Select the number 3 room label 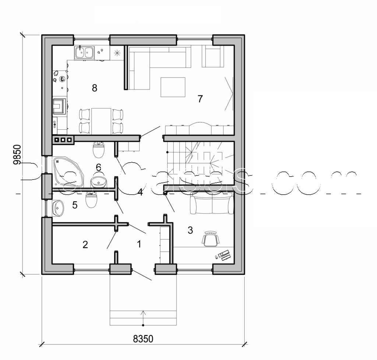pyautogui.click(x=190, y=230)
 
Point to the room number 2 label pyautogui.click(x=85, y=244)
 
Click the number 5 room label pyautogui.click(x=75, y=205)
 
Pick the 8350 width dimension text pyautogui.click(x=143, y=338)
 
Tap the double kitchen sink pyautogui.click(x=84, y=53)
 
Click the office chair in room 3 pyautogui.click(x=210, y=239)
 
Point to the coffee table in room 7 pyautogui.click(x=173, y=87)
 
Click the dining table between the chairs pyautogui.click(x=101, y=120)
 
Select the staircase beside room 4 pyautogui.click(x=199, y=162)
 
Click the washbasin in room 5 pyautogui.click(x=58, y=209)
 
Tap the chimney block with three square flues pyautogui.click(x=63, y=139)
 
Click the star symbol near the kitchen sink pyautogui.click(x=117, y=52)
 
